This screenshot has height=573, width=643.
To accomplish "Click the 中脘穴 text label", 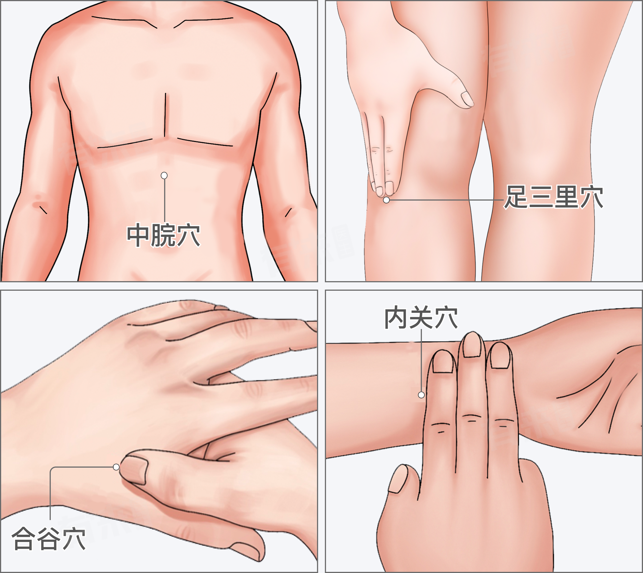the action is [x=163, y=235].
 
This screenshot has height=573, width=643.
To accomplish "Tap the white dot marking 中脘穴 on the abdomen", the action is [x=164, y=175].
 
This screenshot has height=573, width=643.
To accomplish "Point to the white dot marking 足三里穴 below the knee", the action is [x=386, y=200].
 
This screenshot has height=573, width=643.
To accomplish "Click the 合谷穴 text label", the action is [x=49, y=539].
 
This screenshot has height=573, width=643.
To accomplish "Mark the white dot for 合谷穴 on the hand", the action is [x=116, y=467].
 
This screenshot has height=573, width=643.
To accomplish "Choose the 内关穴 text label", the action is [x=421, y=318].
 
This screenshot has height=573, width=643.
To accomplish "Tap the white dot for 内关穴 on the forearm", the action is [x=421, y=395].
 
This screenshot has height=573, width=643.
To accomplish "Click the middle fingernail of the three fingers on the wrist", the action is [x=472, y=345].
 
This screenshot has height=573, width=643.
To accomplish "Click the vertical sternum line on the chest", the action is [x=165, y=115].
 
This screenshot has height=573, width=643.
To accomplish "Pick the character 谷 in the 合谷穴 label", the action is [x=49, y=539].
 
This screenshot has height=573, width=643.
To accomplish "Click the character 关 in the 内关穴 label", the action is [x=421, y=318].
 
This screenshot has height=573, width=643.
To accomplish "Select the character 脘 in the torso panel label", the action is [x=163, y=235].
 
